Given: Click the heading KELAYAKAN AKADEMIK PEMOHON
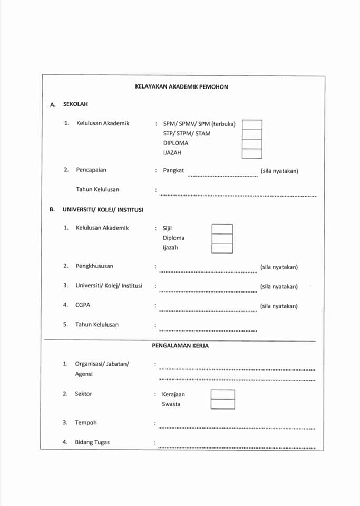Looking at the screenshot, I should click(181, 86).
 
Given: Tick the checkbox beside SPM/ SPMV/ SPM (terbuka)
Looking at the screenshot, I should click(251, 124).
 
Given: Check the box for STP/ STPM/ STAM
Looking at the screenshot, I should click(251, 134).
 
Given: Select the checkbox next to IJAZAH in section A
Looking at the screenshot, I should click(251, 153).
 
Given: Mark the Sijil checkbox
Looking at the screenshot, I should click(222, 229).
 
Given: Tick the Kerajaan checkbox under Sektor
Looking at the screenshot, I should click(222, 394).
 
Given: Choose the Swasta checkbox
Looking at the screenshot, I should click(222, 404).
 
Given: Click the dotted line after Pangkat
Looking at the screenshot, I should click(222, 174).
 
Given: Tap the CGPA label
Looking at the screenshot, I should click(83, 305).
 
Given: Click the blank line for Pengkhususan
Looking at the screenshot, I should click(208, 271).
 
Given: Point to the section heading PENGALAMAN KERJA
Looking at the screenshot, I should click(181, 346).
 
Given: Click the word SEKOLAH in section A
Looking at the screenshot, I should click(75, 104).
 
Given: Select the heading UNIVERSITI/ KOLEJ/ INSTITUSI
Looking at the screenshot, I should click(103, 209).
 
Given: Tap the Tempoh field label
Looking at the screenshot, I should click(86, 423).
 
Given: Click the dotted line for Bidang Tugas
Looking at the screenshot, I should click(237, 447).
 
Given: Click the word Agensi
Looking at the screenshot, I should click(84, 374).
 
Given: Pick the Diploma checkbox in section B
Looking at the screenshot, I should click(222, 238).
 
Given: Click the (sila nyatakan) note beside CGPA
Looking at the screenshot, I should click(279, 306).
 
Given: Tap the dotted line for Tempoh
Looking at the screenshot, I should click(237, 427).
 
